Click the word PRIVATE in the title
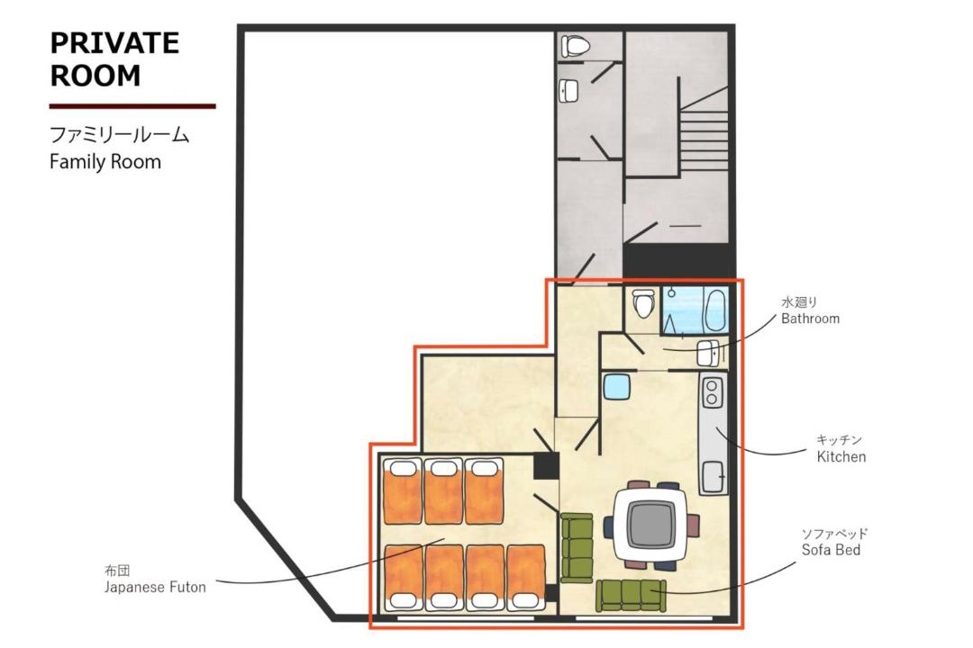click(114, 43)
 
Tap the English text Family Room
click(105, 162)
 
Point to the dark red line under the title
click(132, 107)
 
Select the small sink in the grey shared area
click(568, 91)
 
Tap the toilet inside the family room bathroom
click(643, 302)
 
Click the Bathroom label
click(810, 311)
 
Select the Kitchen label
click(841, 449)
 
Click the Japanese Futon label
click(155, 580)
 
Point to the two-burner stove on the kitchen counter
click(712, 392)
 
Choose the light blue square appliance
click(617, 387)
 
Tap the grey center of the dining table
click(651, 525)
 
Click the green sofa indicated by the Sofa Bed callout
click(631, 595)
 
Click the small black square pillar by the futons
click(547, 465)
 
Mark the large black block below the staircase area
click(676, 260)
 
